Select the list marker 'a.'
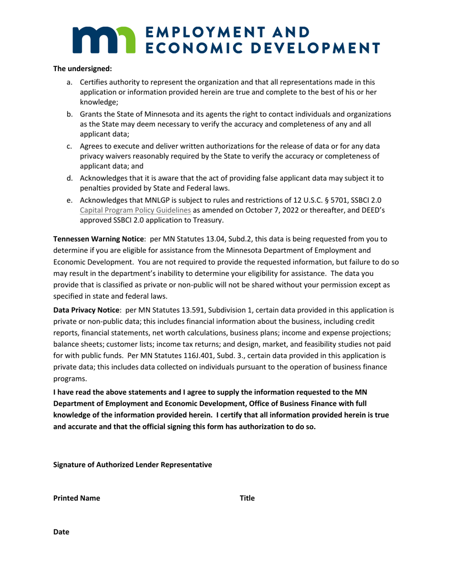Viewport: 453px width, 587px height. point(70,83)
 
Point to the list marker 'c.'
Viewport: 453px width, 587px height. point(70,147)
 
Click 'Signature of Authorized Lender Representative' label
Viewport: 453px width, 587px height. point(133,465)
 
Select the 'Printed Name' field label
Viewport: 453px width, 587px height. point(77,498)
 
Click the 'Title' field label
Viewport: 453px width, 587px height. point(247,498)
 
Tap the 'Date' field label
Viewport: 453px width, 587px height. point(61,532)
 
